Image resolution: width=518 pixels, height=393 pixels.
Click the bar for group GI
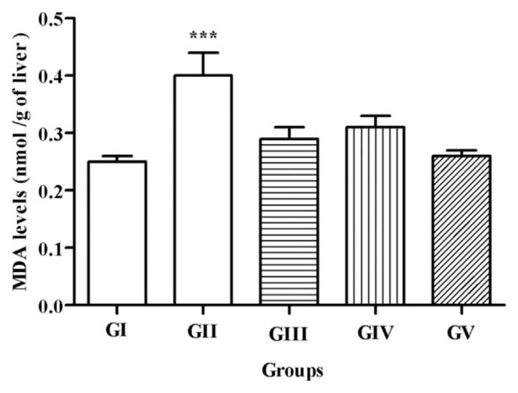click(117, 233)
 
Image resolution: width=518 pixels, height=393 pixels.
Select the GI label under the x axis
click(117, 331)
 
